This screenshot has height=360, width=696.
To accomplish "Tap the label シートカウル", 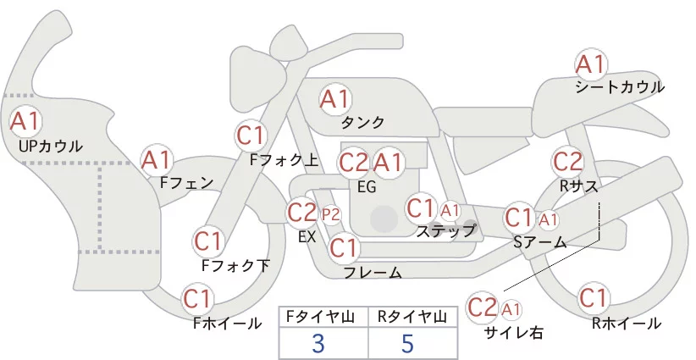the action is pos(620,87).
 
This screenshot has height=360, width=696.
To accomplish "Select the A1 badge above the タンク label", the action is pos(334,99).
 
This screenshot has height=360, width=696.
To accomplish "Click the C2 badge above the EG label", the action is pos(353,162).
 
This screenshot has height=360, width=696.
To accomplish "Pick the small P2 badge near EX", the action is pos(330,213).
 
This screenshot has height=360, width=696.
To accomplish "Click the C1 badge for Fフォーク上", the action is pos(251,135).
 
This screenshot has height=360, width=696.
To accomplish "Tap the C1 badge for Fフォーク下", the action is pos(208,241).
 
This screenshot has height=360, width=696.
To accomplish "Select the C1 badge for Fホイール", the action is pos(198,299).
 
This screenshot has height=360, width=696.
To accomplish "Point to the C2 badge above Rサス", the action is pos(567,160).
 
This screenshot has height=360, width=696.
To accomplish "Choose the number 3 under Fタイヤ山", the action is pos(318,344).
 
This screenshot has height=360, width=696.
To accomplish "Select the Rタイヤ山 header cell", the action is pos(412,317).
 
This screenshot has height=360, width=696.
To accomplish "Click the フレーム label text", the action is pos(373,272).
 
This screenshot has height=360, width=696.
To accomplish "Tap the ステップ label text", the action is pos(446,230).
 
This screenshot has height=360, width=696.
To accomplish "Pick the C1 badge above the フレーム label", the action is pos(344,248).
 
